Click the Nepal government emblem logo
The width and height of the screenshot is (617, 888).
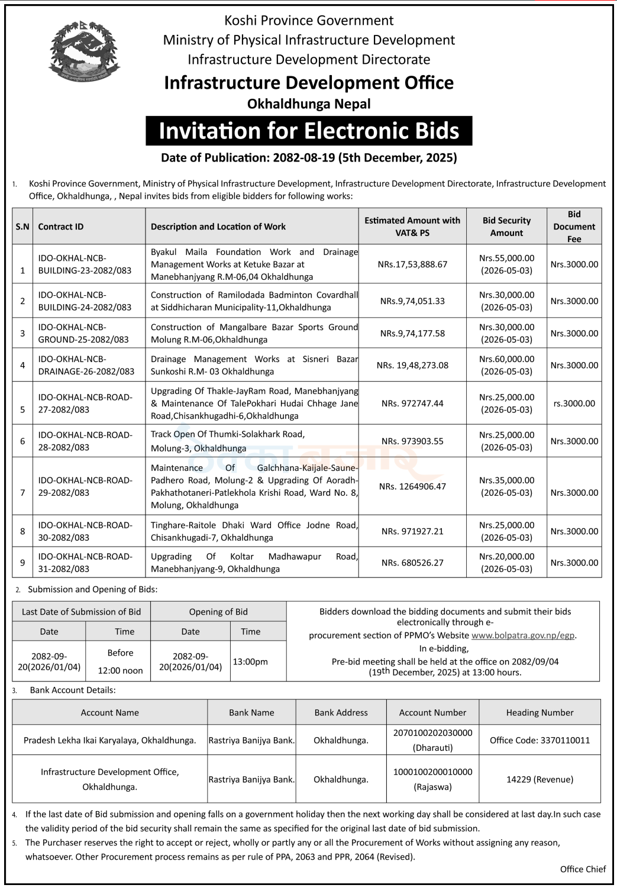coord(83,51)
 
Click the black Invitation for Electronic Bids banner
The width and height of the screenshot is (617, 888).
coord(309,131)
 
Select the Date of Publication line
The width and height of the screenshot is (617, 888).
coord(309,158)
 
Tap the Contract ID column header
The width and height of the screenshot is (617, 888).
coord(61,227)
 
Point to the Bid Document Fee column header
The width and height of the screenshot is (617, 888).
coord(574,227)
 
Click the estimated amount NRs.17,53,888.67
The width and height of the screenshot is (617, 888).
coord(412,264)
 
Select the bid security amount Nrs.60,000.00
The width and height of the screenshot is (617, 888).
coord(506,359)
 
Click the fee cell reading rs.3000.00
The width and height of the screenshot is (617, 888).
coord(574,403)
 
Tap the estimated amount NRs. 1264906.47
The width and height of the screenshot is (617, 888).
coord(412,486)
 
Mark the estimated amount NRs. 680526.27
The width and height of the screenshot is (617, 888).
coord(412,563)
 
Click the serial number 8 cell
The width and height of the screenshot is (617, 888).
coord(22,531)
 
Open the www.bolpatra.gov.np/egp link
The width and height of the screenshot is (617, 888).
coord(523,635)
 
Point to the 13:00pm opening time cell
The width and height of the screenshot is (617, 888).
coord(250,661)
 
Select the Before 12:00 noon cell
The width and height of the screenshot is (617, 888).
coord(121,661)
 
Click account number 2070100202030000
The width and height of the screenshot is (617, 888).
coord(432,733)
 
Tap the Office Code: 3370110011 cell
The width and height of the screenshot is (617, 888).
coord(540,740)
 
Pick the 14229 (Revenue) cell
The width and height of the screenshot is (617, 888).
coord(540,779)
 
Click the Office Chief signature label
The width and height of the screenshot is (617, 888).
coord(583,869)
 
